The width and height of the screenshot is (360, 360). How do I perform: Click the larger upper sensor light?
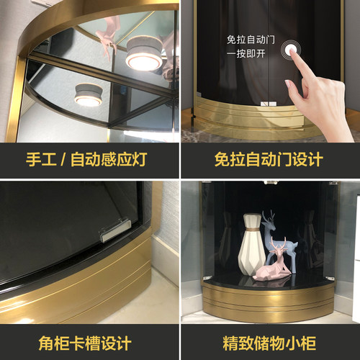click(x=144, y=57)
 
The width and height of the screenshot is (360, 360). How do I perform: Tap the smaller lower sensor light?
click(x=88, y=95)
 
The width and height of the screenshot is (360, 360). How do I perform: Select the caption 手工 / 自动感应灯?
click(x=89, y=159)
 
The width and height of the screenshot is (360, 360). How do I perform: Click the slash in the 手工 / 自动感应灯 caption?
click(x=62, y=159)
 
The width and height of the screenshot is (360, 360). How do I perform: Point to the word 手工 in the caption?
click(x=40, y=159)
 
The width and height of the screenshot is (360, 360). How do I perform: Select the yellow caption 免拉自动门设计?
click(x=269, y=159)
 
